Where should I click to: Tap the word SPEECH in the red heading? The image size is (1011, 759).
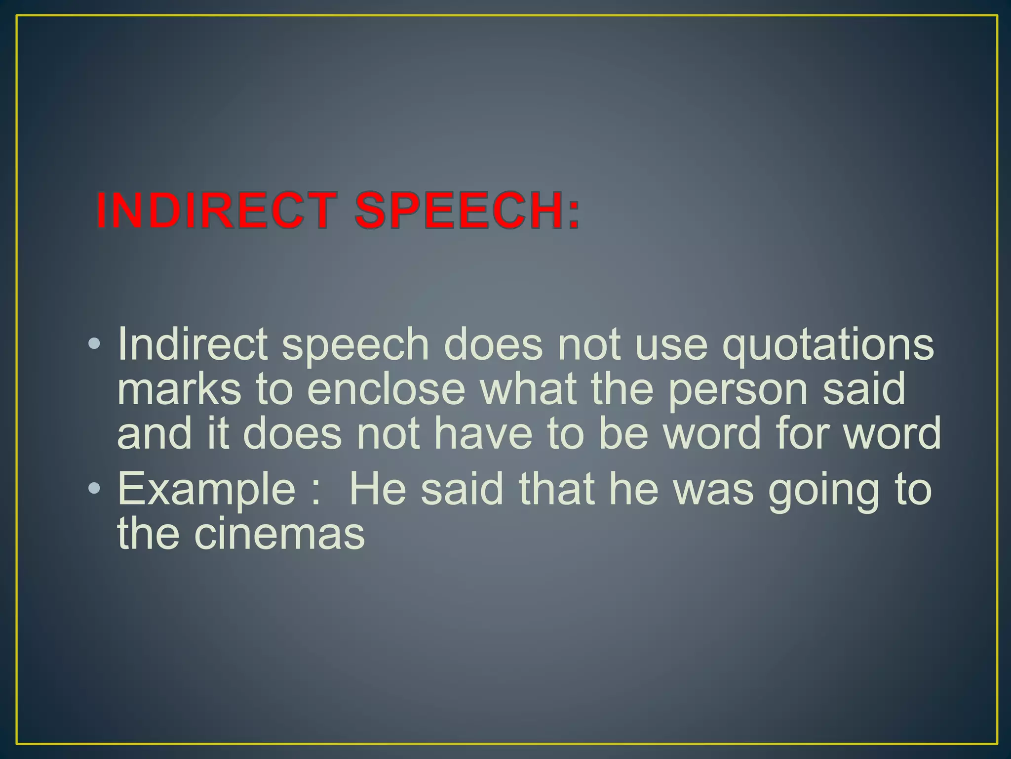tap(460, 211)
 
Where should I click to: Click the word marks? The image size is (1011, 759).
tap(179, 389)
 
